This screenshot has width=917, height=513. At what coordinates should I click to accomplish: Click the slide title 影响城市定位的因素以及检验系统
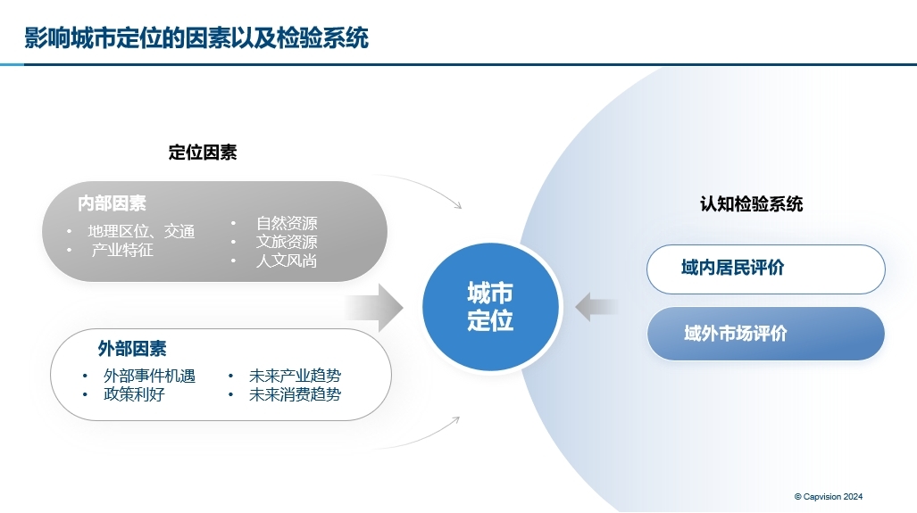(x=196, y=38)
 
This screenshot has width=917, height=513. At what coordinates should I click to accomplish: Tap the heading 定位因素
(x=203, y=153)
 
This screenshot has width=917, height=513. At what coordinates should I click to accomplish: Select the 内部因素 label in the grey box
(x=112, y=203)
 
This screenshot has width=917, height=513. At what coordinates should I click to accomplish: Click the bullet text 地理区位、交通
(x=141, y=232)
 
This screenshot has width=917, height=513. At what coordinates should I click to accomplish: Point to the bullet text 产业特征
(x=122, y=250)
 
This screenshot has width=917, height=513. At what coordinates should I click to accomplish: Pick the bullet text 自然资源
(x=287, y=223)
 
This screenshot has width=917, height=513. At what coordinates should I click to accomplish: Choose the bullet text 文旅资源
(x=287, y=242)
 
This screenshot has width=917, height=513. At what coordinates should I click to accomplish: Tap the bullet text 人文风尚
(x=287, y=261)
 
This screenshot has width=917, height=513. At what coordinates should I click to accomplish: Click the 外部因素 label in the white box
(x=132, y=348)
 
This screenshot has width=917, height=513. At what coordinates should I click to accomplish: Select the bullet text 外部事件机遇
(x=149, y=376)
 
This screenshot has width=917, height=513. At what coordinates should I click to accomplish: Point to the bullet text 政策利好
(x=134, y=394)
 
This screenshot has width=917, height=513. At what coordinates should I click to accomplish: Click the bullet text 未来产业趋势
(x=295, y=376)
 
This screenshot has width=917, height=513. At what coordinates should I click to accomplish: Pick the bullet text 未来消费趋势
(x=295, y=394)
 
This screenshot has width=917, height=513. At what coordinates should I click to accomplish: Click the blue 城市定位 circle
(x=490, y=307)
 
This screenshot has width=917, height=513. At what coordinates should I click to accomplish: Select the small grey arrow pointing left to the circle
(x=596, y=308)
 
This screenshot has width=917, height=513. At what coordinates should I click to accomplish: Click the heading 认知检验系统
(x=751, y=204)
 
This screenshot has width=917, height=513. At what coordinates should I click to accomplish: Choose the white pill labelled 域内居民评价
(x=765, y=269)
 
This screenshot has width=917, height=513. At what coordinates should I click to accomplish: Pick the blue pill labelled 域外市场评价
(x=765, y=334)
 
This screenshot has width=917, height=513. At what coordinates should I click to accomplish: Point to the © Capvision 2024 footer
(x=828, y=497)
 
